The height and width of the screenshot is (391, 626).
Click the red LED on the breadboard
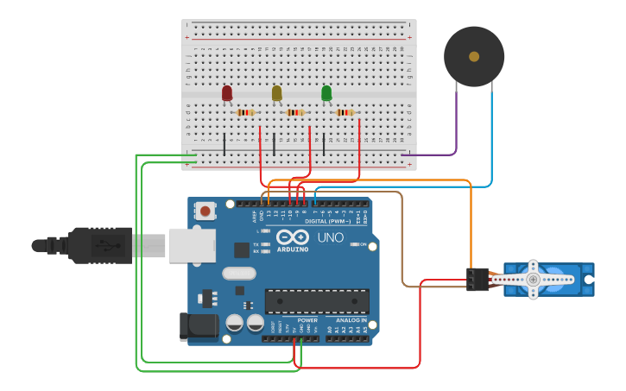227,92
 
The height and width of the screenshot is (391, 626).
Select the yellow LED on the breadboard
276,92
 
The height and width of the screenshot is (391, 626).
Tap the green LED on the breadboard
326,92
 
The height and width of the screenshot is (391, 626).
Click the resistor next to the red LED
245,112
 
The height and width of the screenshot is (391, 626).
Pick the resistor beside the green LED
345,112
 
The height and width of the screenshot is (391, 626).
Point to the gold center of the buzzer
474,56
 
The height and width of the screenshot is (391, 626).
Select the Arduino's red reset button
206,211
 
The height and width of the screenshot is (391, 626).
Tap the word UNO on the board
330,237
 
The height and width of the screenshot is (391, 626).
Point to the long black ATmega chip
317,301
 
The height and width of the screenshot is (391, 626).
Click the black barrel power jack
195,325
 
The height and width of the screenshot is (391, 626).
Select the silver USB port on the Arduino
191,245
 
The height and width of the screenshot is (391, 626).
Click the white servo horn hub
534,279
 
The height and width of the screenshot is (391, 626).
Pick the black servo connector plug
477,279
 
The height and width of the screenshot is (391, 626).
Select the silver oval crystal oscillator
238,274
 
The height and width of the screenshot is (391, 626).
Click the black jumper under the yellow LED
275,144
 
